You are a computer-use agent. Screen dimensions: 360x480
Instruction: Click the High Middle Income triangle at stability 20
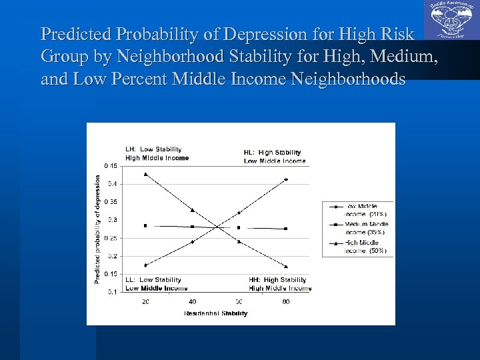[145, 175]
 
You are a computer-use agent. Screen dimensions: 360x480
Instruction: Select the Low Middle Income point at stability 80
[286, 179]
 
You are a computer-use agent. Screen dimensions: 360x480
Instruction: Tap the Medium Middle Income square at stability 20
[145, 226]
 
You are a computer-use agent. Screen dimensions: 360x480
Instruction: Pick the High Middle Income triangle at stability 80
[286, 266]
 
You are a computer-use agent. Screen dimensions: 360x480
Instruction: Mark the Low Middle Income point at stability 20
[145, 265]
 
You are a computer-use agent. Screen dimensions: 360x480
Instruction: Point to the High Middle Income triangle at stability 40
[192, 211]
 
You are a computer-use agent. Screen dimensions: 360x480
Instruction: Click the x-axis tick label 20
[145, 301]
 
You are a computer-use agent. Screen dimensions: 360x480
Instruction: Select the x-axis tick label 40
[192, 301]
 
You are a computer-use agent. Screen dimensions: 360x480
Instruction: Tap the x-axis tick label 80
[286, 301]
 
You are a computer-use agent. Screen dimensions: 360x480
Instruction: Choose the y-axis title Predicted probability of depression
[97, 229]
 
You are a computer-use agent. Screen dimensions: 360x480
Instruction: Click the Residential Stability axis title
[215, 313]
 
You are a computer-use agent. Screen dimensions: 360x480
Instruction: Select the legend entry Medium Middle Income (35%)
[365, 228]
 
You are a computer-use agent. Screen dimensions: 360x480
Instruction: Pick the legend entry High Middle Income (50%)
[365, 247]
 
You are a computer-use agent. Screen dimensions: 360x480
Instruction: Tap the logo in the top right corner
[450, 21]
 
